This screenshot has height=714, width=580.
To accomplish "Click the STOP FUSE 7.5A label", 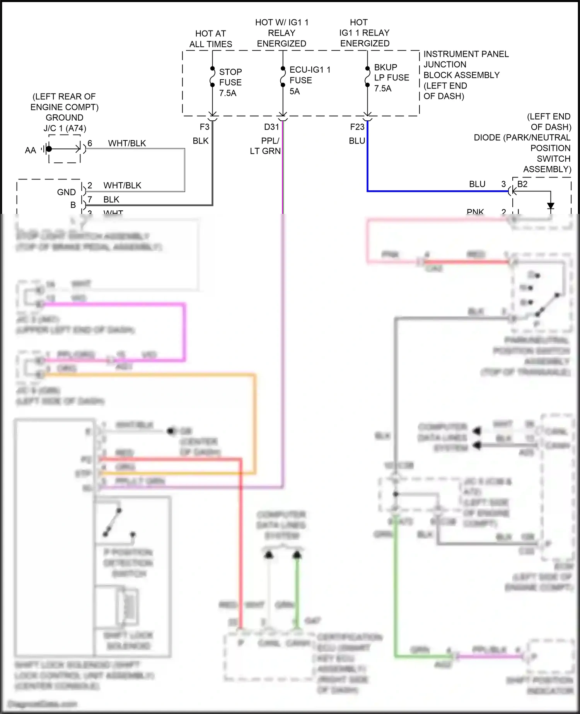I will pos(230,82).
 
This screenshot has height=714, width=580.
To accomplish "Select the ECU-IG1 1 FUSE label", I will pos(309,80).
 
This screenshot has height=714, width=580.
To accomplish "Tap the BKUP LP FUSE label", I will pos(391,77).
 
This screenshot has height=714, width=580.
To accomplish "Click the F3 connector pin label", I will pos(204,127).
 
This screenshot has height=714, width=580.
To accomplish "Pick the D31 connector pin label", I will pos(271,127).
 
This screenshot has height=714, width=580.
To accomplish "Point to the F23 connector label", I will pos(357,127).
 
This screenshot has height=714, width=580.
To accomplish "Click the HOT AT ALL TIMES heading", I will pos(211,39).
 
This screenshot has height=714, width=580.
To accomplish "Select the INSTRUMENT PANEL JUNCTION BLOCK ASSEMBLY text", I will pos(466,75).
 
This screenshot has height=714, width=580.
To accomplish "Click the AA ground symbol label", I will pos(30,150).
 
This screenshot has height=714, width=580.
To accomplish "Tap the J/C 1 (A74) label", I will pos(65,128).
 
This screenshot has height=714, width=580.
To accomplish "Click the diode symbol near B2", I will pos(551,205).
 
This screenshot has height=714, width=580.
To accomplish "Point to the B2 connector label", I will pos(522,184).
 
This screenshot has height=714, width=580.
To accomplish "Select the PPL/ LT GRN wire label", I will pos(266,146).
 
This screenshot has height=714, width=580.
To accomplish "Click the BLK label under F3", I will pos(201,141).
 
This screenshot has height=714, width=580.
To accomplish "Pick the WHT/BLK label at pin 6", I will pos(127,143).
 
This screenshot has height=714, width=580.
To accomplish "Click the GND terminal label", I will pos(67,192).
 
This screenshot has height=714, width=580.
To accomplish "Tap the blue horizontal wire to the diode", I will pos(425,191).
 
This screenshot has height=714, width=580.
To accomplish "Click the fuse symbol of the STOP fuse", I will pos(212,77).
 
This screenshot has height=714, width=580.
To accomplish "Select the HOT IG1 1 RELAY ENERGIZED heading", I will pos(364,33).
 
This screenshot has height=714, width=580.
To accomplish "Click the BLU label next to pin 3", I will pos(477,184).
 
